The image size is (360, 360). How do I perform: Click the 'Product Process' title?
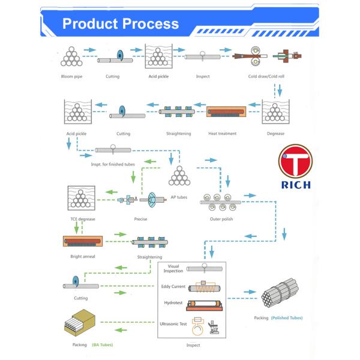[121, 24]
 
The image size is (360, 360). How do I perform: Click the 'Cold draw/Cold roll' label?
[266, 76]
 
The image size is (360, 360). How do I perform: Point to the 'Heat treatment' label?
[222, 133]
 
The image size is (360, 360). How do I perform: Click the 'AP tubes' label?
[179, 196]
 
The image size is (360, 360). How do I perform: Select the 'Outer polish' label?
[221, 219]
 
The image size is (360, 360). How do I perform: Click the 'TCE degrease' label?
[83, 219]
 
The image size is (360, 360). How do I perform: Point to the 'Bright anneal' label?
[83, 257]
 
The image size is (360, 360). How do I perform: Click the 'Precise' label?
[141, 219]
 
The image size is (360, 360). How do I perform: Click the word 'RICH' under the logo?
[295, 185]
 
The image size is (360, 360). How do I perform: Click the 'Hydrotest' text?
[173, 303]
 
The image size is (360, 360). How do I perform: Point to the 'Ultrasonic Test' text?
[173, 324]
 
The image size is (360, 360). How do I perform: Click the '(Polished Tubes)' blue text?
[287, 317]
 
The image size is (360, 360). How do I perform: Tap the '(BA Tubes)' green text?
[102, 345]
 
